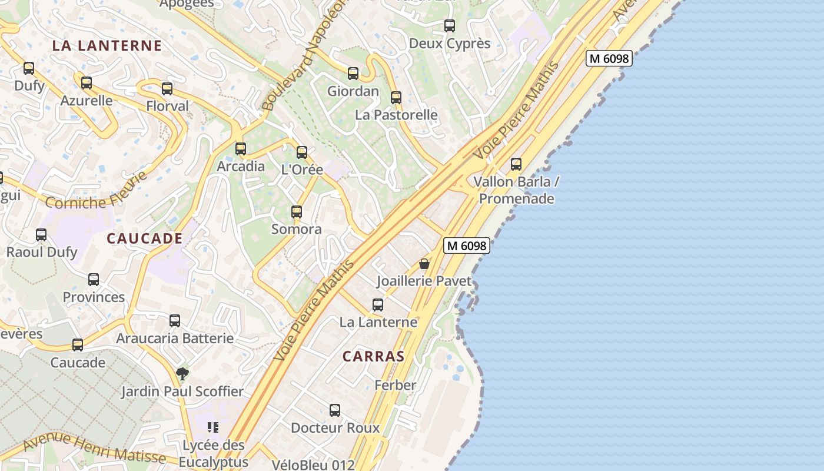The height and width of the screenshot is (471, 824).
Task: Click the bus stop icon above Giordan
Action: click(x=353, y=74)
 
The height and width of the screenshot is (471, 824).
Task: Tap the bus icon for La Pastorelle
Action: click(x=396, y=97)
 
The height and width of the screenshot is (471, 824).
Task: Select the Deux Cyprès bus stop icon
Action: click(x=450, y=26)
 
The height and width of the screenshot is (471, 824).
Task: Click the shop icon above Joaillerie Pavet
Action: click(x=424, y=264)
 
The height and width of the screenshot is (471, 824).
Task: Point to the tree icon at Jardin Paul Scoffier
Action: click(x=182, y=373)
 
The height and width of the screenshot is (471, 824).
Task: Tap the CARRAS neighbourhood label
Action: click(x=374, y=356)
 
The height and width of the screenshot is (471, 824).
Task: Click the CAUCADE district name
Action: click(x=145, y=238)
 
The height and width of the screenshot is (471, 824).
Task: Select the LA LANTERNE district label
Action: click(x=107, y=45)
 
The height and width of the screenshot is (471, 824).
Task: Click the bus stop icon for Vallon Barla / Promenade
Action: click(x=516, y=164)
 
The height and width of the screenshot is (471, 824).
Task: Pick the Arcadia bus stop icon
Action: click(x=241, y=149)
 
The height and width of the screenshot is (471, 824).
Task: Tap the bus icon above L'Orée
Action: click(x=302, y=152)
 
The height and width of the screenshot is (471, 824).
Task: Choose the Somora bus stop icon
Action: click(x=297, y=212)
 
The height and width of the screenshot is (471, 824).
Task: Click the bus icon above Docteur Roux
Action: click(x=335, y=410)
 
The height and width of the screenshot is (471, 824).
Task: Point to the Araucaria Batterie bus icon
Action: click(x=175, y=321)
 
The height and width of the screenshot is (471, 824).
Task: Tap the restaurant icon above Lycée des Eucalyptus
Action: click(x=213, y=427)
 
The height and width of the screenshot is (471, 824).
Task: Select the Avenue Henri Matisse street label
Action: click(x=94, y=447)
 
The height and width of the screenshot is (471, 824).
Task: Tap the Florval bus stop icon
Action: click(x=167, y=89)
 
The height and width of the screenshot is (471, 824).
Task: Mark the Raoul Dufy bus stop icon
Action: click(x=41, y=235)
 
